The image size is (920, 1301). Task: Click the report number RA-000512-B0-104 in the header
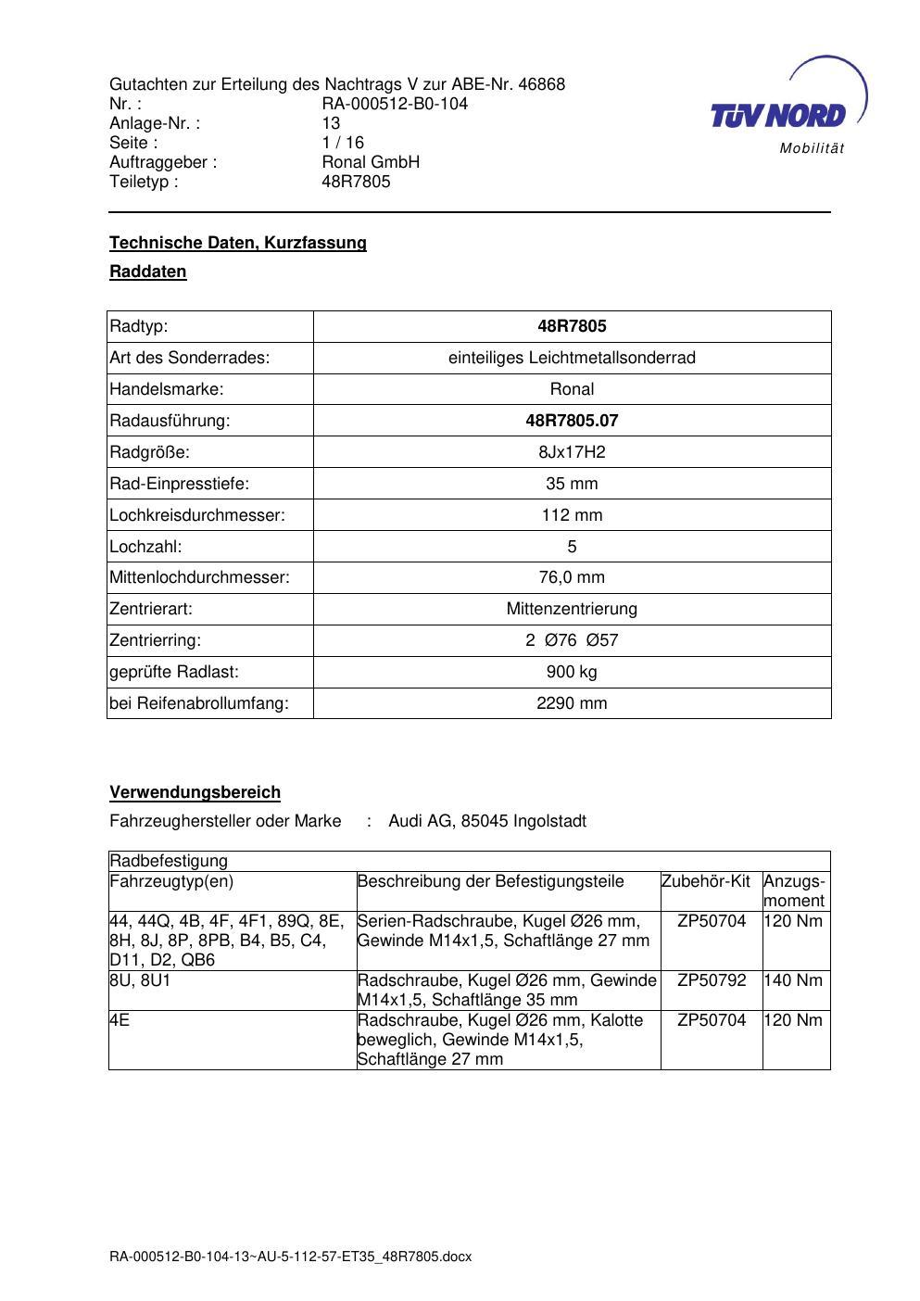click(x=395, y=104)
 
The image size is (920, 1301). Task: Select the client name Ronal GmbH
click(x=371, y=162)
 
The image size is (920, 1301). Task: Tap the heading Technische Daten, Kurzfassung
click(x=238, y=243)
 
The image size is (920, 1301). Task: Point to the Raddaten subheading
click(x=148, y=272)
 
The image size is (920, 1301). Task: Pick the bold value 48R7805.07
click(x=572, y=421)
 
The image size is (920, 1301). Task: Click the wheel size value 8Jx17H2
click(x=572, y=452)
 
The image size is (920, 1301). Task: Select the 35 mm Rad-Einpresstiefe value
click(x=572, y=484)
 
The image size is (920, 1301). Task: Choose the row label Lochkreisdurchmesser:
click(x=197, y=515)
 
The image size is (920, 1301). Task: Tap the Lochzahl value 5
click(x=572, y=547)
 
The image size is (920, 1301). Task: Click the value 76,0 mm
click(x=572, y=577)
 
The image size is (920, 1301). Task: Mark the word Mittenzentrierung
click(x=572, y=609)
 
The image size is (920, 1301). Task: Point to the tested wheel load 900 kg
click(x=572, y=672)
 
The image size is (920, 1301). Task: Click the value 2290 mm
click(x=572, y=703)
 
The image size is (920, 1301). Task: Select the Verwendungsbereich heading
click(x=195, y=792)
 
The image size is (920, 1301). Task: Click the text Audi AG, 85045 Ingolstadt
click(x=487, y=821)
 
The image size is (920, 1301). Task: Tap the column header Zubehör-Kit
click(x=705, y=881)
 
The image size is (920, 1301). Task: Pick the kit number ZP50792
click(x=712, y=980)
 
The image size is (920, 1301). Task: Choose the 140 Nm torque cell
click(x=793, y=980)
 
